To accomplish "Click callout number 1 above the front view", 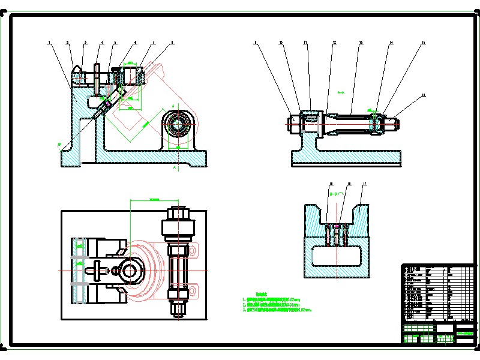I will tap(49, 42).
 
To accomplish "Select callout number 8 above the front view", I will tap(173, 42).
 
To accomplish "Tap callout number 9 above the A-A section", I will tap(255, 43).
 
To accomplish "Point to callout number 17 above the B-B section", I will tap(364, 183).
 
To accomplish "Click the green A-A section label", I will tap(341, 93).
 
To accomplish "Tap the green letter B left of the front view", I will tap(59, 144).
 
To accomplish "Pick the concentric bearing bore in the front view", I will tap(178, 125).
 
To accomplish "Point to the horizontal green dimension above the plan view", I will tap(154, 199).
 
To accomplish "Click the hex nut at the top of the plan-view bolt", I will tap(179, 213).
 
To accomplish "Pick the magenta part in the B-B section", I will tap(337, 226).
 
